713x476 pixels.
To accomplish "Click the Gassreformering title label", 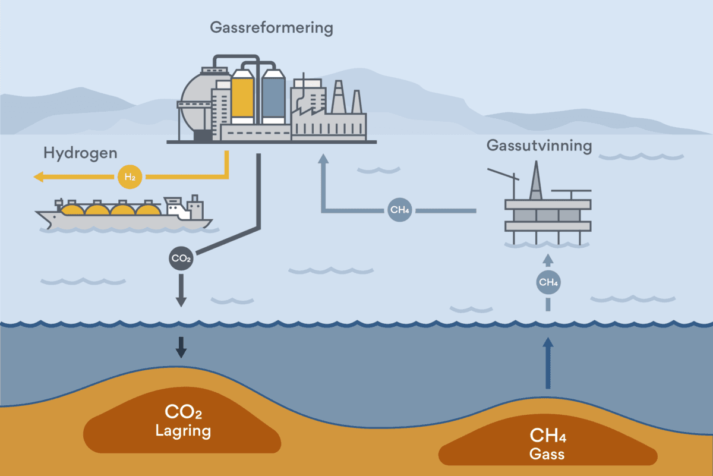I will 272,27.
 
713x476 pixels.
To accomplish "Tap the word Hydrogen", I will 80,153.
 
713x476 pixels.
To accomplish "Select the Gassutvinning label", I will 539,146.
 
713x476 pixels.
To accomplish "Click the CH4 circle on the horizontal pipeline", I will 399,210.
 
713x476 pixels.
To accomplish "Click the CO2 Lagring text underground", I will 182,421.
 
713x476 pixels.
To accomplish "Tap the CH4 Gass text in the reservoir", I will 547,446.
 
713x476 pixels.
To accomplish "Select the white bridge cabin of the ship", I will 176,207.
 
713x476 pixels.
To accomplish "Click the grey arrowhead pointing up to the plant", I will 323,159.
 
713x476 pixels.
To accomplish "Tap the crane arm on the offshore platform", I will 502,174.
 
